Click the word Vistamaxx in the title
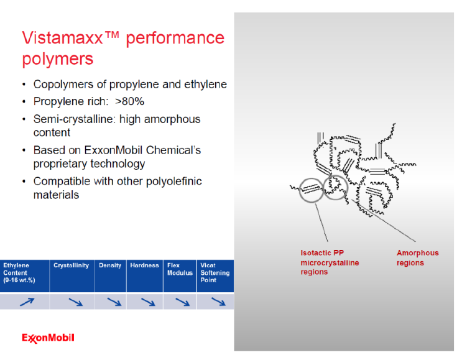(60, 39)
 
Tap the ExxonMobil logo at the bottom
(48, 338)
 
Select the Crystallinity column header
(72, 265)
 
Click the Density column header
(110, 265)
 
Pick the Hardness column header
(144, 265)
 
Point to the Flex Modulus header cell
(180, 269)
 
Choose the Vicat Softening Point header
(215, 273)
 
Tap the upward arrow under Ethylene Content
(27, 302)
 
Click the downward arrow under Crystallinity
(75, 302)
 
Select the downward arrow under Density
(113, 302)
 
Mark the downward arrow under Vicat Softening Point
(218, 302)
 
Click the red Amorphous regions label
(417, 258)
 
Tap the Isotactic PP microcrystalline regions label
(330, 262)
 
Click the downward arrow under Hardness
(147, 302)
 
